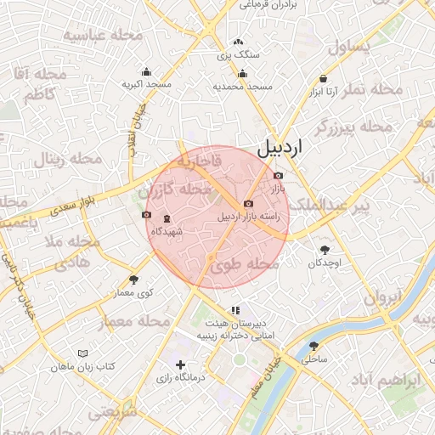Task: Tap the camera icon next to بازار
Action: (280, 176)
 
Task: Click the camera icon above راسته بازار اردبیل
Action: (247, 204)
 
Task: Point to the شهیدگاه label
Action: (167, 231)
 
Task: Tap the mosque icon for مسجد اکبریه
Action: (147, 72)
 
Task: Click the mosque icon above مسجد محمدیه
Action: (242, 74)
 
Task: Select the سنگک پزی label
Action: (239, 54)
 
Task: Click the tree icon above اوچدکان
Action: (325, 250)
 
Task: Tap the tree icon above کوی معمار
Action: (133, 280)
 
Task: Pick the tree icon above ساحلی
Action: (314, 346)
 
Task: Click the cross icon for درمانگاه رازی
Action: (180, 364)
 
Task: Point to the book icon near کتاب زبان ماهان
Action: (82, 353)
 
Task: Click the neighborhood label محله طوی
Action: (245, 266)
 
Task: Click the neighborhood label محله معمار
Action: (135, 322)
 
